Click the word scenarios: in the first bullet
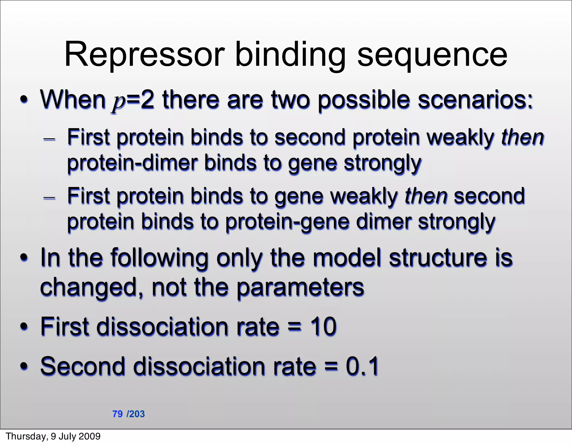pyautogui.click(x=475, y=100)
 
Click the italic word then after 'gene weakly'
pyautogui.click(x=426, y=196)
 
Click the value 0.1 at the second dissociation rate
pyautogui.click(x=362, y=366)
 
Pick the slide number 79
pyautogui.click(x=117, y=414)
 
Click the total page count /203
pyautogui.click(x=136, y=414)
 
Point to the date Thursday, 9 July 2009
pyautogui.click(x=53, y=436)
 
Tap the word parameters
pyautogui.click(x=300, y=288)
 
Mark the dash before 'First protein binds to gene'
pyautogui.click(x=49, y=197)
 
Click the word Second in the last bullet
pyautogui.click(x=83, y=366)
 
